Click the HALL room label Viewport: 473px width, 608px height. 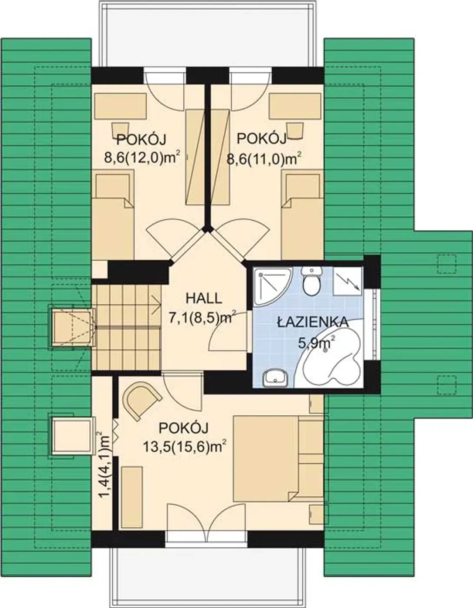(204, 299)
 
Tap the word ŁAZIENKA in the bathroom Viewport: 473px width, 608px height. (313, 322)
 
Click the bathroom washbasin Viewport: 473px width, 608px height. (275, 378)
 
